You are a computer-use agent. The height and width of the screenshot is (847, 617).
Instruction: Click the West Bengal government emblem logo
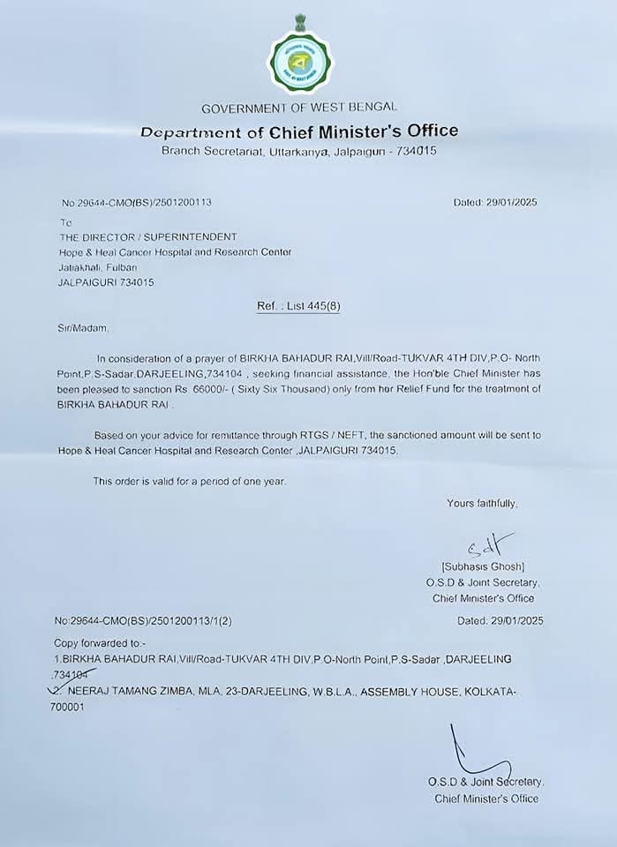(x=300, y=60)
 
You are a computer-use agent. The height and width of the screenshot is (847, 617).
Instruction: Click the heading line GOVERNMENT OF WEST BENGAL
(x=299, y=109)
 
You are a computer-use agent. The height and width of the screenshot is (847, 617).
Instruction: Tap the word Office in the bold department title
(x=425, y=131)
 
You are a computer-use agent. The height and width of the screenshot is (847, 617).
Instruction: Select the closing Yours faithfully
(x=482, y=503)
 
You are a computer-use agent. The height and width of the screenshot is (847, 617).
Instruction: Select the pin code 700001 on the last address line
(x=69, y=708)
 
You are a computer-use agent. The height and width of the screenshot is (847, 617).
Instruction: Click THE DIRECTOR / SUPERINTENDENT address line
(x=147, y=237)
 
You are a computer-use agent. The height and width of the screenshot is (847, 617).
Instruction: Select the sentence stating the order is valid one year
(x=190, y=481)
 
